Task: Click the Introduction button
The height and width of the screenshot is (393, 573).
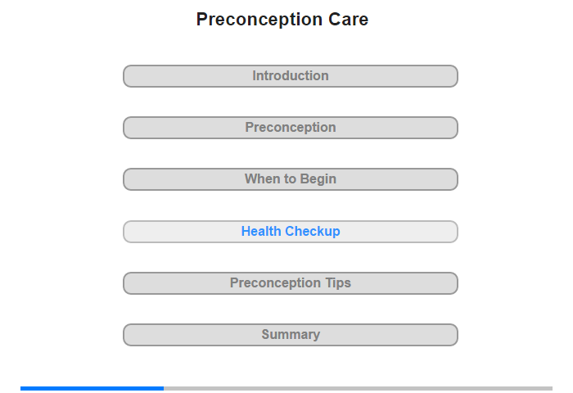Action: pos(291,76)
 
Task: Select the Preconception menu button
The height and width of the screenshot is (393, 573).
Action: pos(291,128)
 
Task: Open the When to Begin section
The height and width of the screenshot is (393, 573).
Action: pos(291,179)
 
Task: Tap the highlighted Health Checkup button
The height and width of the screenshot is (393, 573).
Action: pos(291,232)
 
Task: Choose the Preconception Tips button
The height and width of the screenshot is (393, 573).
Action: pos(291,283)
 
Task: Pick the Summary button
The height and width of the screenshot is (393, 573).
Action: pos(291,335)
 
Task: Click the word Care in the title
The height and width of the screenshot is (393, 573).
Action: pos(348,20)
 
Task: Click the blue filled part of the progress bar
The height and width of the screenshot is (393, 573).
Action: pos(92,388)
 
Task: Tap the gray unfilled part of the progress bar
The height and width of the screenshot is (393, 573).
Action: pos(359,388)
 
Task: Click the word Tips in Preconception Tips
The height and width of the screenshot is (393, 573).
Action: pos(338,283)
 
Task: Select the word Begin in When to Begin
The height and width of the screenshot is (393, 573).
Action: pos(318,179)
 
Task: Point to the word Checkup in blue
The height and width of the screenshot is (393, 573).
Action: pos(313,232)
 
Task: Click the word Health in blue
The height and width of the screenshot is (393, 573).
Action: pos(261,231)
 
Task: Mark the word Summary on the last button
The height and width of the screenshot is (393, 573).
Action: pos(291,335)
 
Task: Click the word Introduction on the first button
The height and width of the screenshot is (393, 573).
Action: pos(291,75)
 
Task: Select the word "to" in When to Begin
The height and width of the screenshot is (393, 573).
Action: pos(290,179)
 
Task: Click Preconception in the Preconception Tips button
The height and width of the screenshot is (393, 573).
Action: pos(276,283)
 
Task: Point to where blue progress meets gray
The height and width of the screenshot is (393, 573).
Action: pos(164,388)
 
